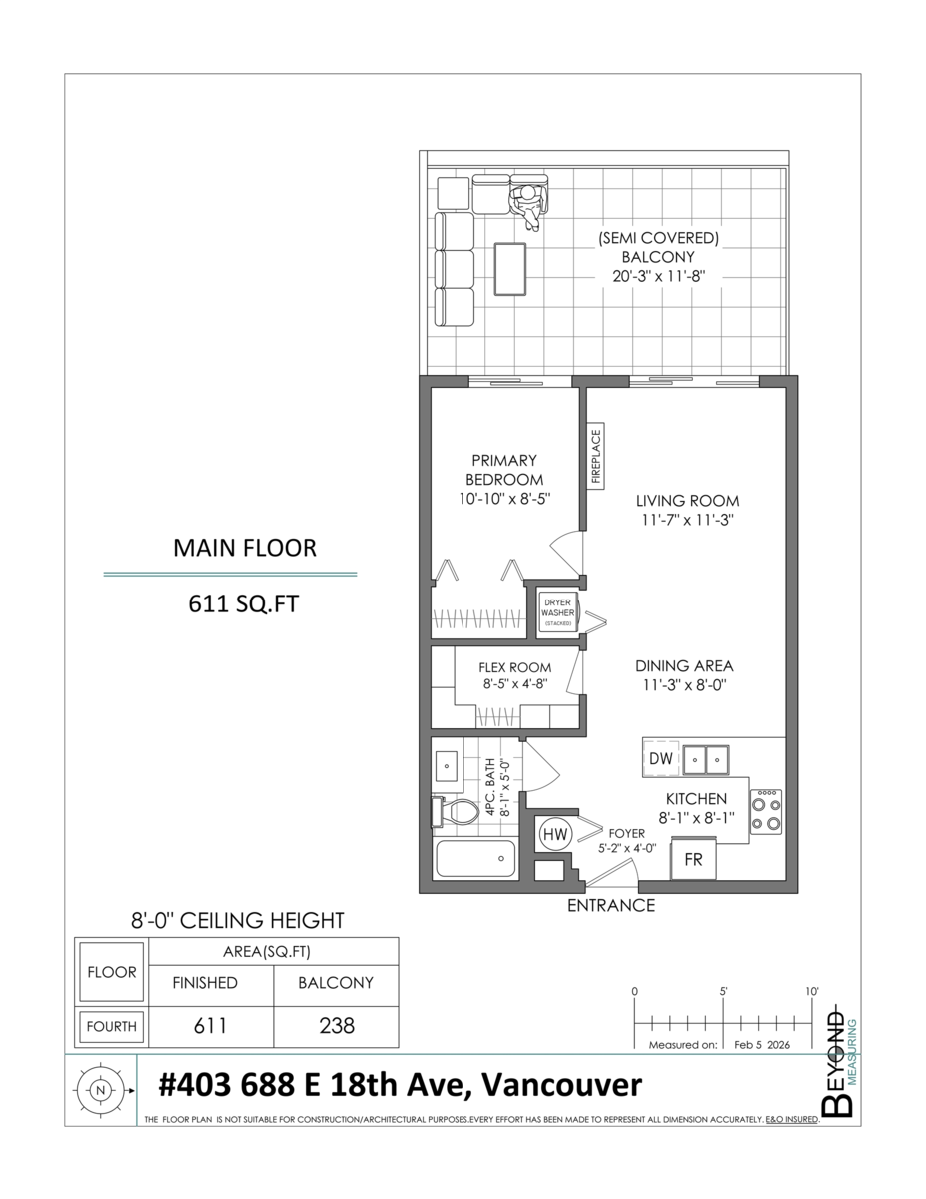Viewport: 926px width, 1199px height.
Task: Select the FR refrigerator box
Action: point(693,859)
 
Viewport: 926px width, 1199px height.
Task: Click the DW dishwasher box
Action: point(661,759)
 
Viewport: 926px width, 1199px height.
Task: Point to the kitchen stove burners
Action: point(766,813)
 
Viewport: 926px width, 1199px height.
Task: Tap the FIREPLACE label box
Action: point(597,458)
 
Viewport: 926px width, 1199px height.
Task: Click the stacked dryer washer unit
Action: point(558,610)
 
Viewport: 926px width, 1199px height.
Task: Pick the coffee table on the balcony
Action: point(512,268)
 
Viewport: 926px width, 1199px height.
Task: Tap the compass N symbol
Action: point(99,1091)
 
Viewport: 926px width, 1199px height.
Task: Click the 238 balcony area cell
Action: point(336,1026)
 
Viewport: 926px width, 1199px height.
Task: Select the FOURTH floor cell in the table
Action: point(112,1026)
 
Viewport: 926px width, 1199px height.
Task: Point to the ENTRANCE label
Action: point(611,906)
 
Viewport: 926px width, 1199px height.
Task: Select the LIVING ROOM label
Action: point(689,501)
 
